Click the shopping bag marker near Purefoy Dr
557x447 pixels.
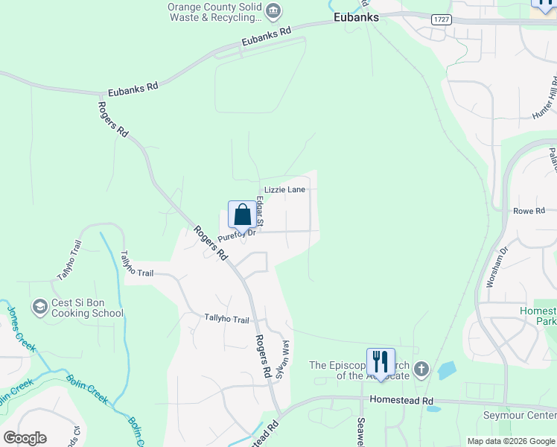pos(243,215)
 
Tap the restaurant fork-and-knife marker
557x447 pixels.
pos(381,362)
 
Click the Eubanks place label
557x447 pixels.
pos(356,17)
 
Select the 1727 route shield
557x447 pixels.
pos(441,19)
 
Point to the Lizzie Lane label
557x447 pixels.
pos(285,190)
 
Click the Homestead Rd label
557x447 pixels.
pos(401,400)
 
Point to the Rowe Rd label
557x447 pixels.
pos(529,211)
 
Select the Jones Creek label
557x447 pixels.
pos(21,329)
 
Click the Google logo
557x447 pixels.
pos(24,437)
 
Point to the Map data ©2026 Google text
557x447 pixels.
pos(511,441)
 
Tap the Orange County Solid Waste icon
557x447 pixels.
pos(273,10)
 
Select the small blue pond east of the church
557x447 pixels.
pos(448,370)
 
